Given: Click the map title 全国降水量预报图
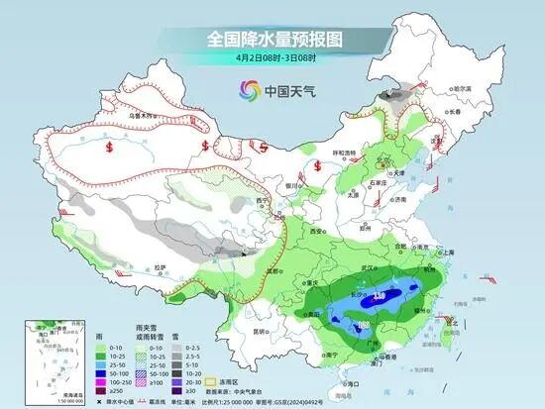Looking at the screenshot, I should [272, 39].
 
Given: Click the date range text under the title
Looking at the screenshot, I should [272, 57].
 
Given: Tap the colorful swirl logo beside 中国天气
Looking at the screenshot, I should [246, 91].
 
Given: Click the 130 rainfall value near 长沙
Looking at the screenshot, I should [381, 295].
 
